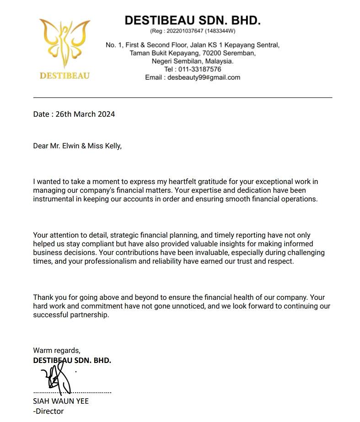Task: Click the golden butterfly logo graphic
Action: coord(64,43)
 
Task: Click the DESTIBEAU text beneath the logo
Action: coord(64,76)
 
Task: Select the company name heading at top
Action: coord(193,20)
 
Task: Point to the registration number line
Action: coord(193,31)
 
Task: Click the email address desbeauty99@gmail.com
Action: coord(204,77)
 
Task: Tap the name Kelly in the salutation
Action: coord(111,146)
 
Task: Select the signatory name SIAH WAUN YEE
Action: coord(61,401)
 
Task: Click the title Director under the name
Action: coord(50,411)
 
